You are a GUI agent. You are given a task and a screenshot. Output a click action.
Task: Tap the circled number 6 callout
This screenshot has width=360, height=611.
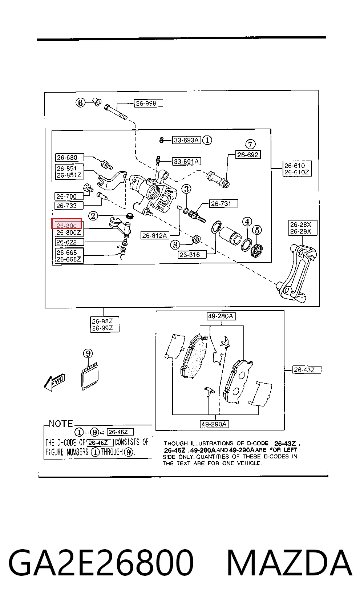(80, 103)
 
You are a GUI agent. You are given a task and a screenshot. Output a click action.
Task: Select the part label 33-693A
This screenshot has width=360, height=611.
(187, 140)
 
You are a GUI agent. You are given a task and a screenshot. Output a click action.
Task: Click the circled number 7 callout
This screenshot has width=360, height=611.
(250, 144)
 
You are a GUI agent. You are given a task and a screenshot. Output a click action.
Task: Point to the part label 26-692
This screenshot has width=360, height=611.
(248, 155)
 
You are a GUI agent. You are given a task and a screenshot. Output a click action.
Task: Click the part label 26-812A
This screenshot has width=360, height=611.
(155, 235)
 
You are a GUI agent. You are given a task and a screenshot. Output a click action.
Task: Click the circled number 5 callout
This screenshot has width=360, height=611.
(257, 230)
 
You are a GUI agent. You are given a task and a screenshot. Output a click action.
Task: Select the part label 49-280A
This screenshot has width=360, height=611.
(221, 316)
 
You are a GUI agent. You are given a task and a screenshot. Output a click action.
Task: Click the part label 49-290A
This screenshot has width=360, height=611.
(214, 424)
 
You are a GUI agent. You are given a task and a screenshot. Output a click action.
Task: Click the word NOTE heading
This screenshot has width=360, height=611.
(61, 424)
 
